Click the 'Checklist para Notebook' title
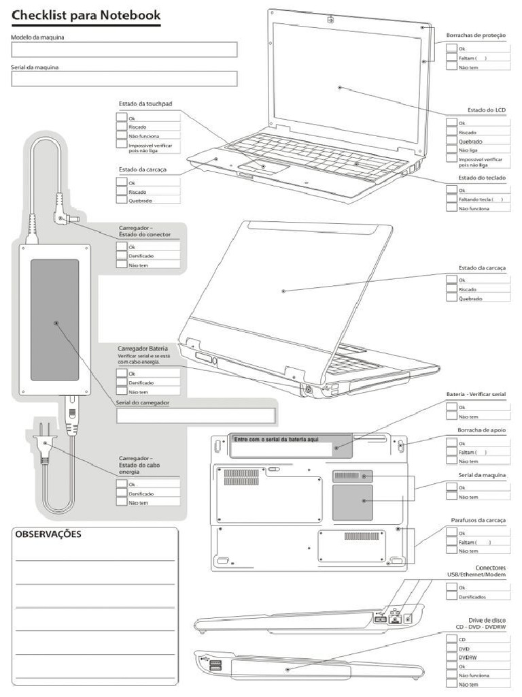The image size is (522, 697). click(x=86, y=14)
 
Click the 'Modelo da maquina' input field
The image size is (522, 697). click(x=124, y=50)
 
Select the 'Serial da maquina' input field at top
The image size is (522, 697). click(x=124, y=79)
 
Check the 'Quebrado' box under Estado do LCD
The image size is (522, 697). click(x=451, y=141)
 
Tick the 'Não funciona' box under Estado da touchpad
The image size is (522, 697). click(x=122, y=135)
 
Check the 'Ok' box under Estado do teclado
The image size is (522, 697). click(x=451, y=190)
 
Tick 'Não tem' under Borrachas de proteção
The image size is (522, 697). click(x=451, y=67)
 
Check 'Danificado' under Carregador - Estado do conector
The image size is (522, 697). click(x=122, y=256)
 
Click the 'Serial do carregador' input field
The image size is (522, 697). click(x=196, y=416)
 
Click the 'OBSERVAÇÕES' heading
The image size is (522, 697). click(x=48, y=534)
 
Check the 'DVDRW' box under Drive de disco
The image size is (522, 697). click(x=451, y=658)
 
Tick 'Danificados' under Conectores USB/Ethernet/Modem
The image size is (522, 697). click(x=451, y=596)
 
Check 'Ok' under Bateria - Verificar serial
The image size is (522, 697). click(x=451, y=407)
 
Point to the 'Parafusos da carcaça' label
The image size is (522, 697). click(x=478, y=520)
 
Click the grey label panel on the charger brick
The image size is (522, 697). click(x=54, y=319)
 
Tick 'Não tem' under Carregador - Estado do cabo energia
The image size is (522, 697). click(x=122, y=502)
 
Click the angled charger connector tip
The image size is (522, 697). click(x=67, y=218)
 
